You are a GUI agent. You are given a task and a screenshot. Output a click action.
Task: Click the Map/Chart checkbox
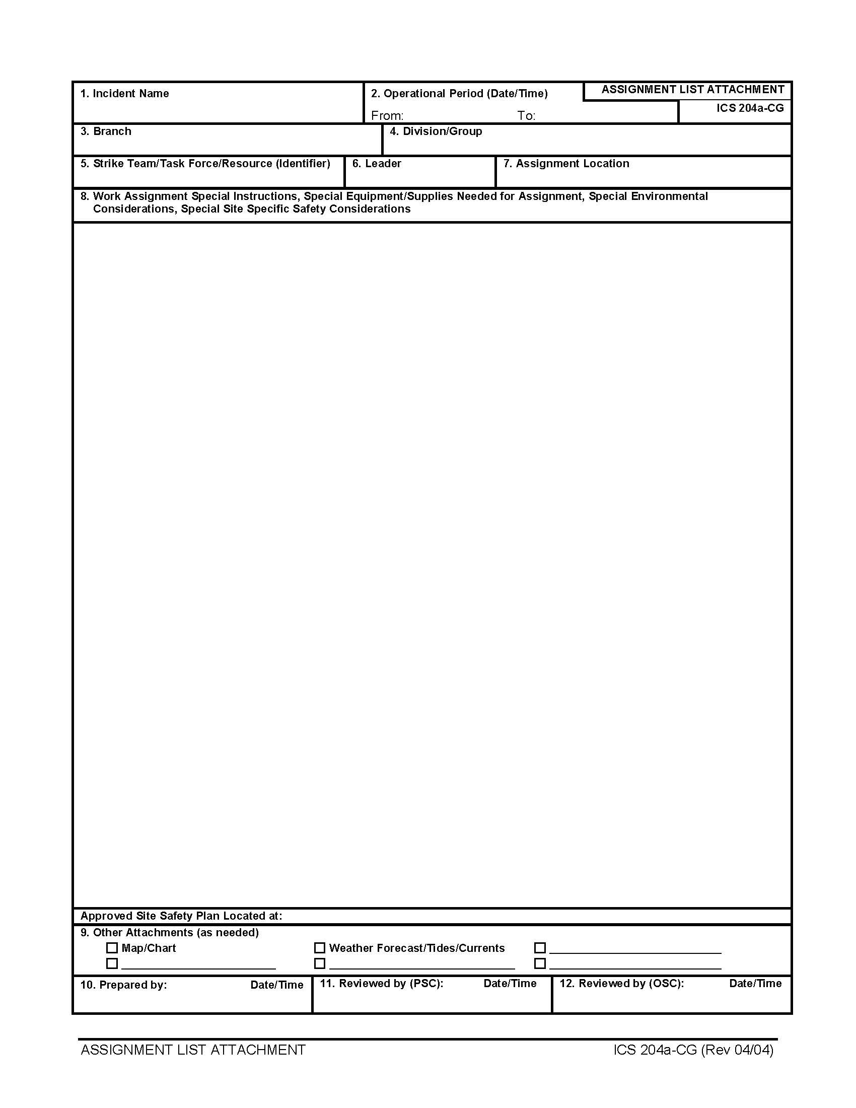point(112,948)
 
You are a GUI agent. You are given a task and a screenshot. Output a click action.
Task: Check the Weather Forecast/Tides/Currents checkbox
point(319,948)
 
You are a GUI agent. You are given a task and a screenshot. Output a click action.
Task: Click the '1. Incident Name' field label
point(125,93)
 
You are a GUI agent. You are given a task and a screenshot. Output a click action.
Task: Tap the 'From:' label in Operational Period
point(387,116)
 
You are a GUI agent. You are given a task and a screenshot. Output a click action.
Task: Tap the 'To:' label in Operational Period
point(526,116)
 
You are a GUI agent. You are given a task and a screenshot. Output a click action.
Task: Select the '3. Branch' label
point(106,131)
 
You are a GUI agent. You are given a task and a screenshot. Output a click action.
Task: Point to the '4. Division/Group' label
point(436,131)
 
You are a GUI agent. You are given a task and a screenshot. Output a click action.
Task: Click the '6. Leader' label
point(377,163)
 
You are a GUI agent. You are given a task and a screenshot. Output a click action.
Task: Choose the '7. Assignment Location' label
point(566,163)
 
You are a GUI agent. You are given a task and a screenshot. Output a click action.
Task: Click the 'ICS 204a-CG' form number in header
point(750,108)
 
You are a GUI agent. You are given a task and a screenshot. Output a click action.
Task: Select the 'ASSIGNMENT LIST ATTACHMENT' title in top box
point(693,90)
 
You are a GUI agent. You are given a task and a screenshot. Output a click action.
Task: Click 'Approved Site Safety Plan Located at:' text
point(181,916)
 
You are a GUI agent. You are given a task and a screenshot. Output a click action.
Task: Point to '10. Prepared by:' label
point(124,985)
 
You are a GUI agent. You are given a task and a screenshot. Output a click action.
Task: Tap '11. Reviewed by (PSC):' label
point(381,983)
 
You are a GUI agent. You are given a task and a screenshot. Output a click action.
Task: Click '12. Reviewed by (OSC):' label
point(621,983)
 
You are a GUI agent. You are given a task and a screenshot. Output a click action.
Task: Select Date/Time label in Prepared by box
point(277,985)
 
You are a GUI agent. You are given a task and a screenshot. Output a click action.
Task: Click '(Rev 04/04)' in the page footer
point(737,1050)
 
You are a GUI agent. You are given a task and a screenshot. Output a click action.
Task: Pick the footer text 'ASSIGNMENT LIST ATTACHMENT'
point(193,1050)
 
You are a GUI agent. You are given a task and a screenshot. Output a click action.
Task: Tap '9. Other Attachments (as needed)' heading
point(169,932)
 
